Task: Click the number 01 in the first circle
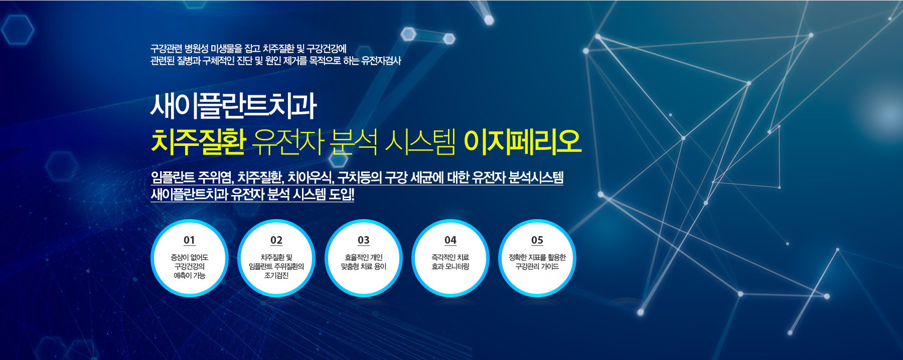coord(189,240)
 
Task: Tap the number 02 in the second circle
coord(276,240)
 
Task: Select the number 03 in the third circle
coord(364,240)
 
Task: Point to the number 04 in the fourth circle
coord(450,240)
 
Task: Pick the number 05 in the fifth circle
coord(537,240)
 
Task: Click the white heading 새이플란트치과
coord(233,106)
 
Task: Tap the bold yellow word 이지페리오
coord(522,141)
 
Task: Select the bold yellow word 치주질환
coord(198,141)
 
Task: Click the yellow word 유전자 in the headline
coord(288,141)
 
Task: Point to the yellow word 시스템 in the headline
coord(420,141)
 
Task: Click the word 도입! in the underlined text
coord(341,194)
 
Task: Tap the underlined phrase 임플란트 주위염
coord(192,177)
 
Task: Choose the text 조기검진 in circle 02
coord(276,275)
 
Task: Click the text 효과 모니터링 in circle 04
coord(450,266)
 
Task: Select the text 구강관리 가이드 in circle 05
coord(537,266)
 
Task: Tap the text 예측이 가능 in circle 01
coord(190,275)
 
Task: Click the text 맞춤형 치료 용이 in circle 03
coord(364,266)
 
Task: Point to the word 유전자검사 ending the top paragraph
coord(381,61)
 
